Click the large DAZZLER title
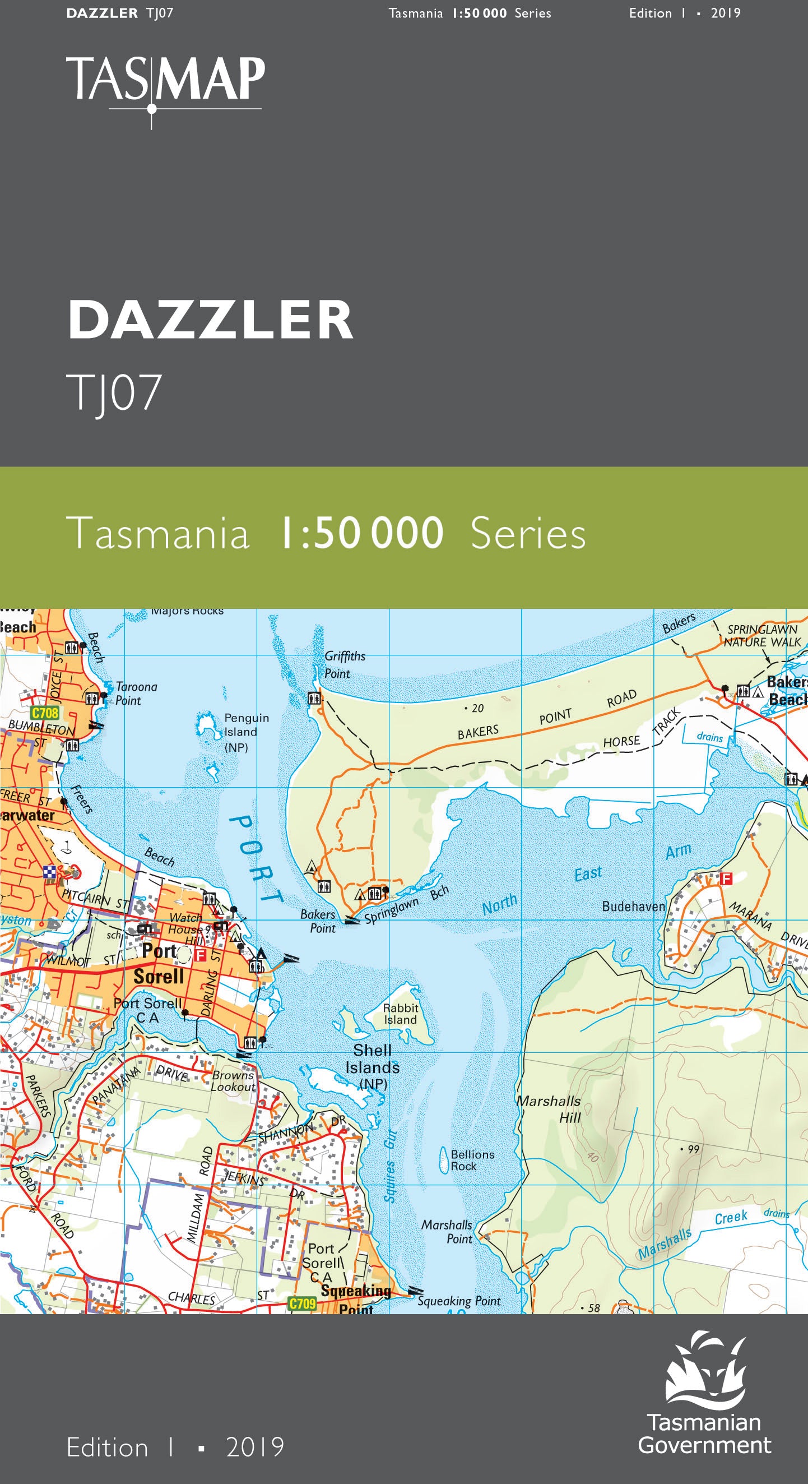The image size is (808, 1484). [210, 320]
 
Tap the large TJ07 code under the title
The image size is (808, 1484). [114, 393]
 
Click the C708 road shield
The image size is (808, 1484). [45, 713]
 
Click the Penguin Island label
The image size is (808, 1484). [246, 732]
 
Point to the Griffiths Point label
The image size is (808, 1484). [345, 664]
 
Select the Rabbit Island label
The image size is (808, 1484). [400, 1013]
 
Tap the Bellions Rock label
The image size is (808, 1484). [472, 1159]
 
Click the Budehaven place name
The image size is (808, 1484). [633, 906]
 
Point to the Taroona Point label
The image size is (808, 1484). [136, 693]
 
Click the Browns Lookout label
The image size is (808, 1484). [233, 1081]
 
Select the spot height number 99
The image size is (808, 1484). [693, 1148]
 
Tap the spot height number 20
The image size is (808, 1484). [477, 708]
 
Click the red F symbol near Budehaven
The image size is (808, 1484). [726, 879]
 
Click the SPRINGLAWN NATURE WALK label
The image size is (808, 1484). [762, 635]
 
